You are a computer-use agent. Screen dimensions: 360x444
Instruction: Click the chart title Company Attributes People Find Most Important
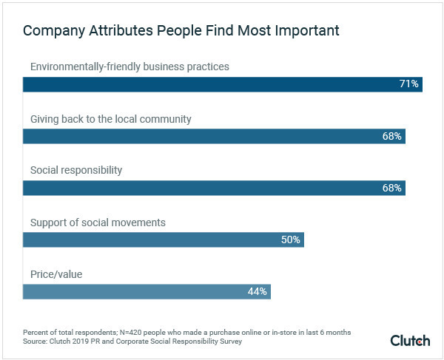(x=181, y=31)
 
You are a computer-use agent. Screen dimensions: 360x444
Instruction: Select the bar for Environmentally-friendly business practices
(x=222, y=84)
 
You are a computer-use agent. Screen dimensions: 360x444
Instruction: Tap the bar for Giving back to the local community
(x=214, y=136)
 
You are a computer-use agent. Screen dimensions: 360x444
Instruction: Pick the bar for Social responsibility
(x=214, y=188)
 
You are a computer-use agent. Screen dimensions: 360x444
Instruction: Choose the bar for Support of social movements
(x=164, y=240)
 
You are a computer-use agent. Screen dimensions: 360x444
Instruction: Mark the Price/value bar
(x=147, y=291)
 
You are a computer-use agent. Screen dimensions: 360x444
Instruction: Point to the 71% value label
(x=409, y=84)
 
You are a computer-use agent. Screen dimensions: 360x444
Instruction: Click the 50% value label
(x=291, y=240)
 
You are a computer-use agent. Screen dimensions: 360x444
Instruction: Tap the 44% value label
(x=257, y=291)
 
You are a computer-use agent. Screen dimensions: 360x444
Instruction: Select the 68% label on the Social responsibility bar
(x=392, y=188)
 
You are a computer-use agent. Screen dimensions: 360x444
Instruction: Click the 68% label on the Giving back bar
(x=392, y=136)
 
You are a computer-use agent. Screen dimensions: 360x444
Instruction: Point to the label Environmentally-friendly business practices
(x=129, y=67)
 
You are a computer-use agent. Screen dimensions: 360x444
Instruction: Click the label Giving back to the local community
(x=111, y=118)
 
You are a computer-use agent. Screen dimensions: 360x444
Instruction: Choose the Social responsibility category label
(x=75, y=170)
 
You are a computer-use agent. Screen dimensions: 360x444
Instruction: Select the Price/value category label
(x=56, y=274)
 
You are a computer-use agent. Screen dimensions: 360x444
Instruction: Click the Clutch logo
(x=410, y=339)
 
